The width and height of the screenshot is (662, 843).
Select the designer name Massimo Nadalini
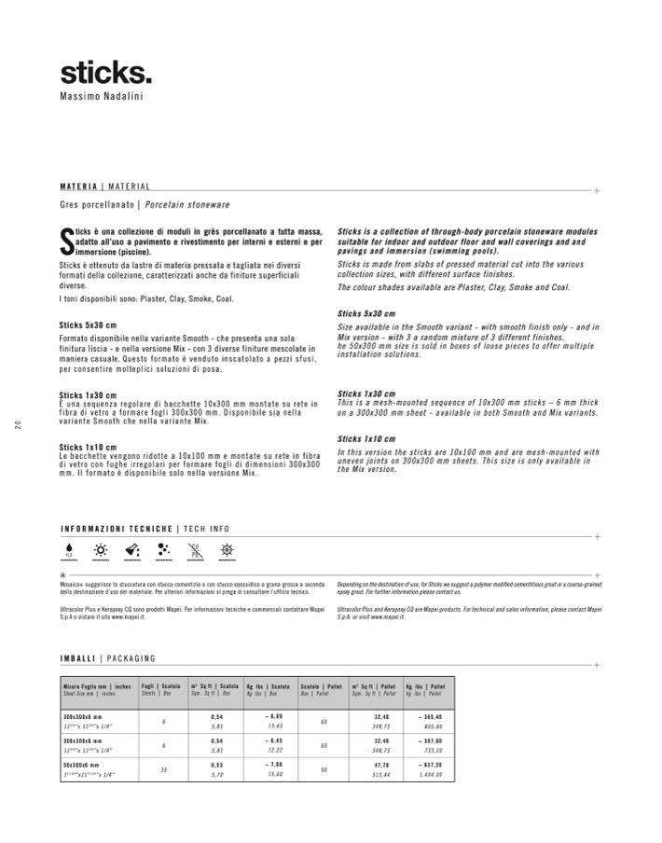[103, 96]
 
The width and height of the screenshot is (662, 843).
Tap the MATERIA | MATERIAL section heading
[104, 187]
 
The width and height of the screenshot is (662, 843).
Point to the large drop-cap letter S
[64, 241]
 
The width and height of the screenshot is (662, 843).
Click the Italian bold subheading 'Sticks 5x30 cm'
[88, 325]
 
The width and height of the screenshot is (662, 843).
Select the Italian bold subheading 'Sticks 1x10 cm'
[88, 446]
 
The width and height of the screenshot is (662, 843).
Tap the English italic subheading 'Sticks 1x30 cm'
[366, 394]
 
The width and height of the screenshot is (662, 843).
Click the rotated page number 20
[18, 427]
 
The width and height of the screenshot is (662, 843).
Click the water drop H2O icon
[69, 551]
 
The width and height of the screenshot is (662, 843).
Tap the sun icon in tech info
[100, 550]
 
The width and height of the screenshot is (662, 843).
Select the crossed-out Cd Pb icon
[195, 550]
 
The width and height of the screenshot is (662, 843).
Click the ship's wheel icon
[226, 550]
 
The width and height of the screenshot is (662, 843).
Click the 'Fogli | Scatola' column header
[160, 686]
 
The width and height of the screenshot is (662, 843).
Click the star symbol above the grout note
[62, 576]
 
